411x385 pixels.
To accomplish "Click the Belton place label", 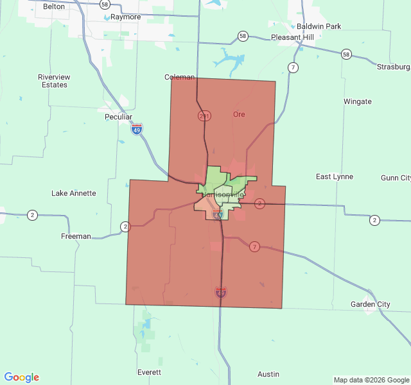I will pos(54,6).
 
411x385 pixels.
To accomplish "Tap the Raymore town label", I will pos(125,17).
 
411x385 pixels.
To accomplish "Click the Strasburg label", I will pos(393,67).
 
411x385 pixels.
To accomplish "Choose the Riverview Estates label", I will pos(54,81).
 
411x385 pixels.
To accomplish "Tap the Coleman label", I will pos(179,77).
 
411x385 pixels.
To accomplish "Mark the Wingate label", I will pos(357,101).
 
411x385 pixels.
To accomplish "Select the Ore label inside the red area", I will pos(239,114).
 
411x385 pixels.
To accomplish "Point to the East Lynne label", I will pos(335,176).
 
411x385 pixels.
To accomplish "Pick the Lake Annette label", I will pos(73,193).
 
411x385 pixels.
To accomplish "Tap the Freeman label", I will pos(76,236).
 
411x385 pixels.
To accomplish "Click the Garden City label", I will pos(370,304).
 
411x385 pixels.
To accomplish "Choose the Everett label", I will pos(149,372).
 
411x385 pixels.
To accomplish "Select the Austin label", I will pos(268,374).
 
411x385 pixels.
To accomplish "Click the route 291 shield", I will pos(204,116).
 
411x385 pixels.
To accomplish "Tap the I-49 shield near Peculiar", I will pos(137,130).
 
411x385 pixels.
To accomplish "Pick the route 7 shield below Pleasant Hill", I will pos(293,67).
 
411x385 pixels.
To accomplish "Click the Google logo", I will pos(22,377).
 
